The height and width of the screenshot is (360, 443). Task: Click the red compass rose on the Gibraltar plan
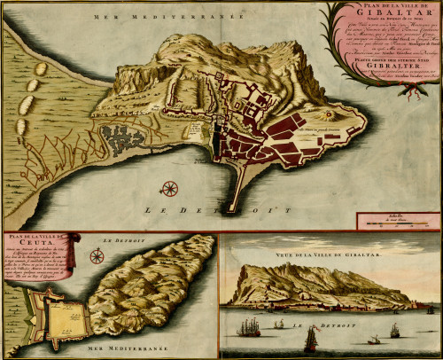point(169,188)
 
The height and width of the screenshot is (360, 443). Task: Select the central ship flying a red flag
point(310,338)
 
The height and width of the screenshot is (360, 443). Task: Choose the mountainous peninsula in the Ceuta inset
point(160,284)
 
